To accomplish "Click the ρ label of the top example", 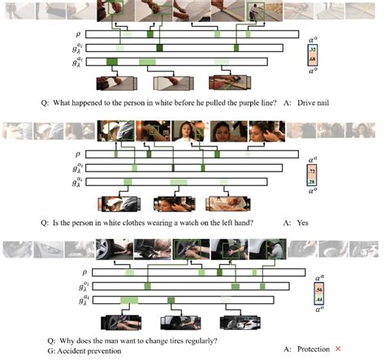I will (78, 37).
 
